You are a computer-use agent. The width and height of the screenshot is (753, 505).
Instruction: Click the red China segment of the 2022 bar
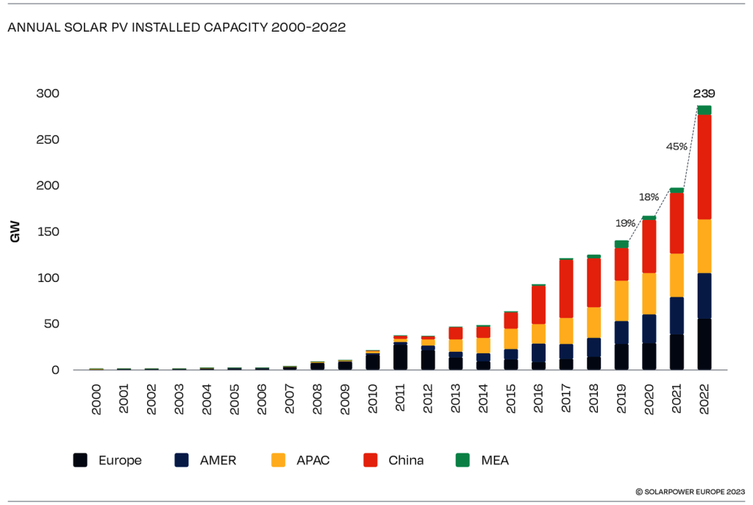click(x=704, y=166)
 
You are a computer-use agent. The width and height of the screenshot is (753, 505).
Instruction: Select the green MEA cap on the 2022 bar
click(x=704, y=110)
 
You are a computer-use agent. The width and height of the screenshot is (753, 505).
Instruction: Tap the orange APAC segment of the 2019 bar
click(x=621, y=300)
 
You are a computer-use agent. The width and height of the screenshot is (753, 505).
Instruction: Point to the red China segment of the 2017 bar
click(x=566, y=289)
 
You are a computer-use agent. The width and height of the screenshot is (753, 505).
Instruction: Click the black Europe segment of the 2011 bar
click(x=400, y=356)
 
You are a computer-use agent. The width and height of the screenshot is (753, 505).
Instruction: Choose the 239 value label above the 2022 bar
click(x=704, y=93)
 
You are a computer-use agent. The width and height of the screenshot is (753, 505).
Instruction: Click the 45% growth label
click(x=677, y=146)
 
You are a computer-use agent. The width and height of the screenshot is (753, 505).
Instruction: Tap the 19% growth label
click(x=625, y=222)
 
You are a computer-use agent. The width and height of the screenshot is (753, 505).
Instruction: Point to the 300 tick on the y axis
click(x=48, y=93)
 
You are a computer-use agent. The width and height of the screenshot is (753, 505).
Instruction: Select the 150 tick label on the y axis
click(x=48, y=232)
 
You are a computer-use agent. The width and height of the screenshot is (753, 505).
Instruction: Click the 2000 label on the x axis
click(x=97, y=398)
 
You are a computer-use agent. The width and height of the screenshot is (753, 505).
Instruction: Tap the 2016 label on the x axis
click(x=538, y=398)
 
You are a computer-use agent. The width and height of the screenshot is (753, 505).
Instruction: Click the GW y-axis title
click(x=15, y=234)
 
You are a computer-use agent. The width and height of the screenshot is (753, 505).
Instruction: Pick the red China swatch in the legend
click(x=371, y=460)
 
